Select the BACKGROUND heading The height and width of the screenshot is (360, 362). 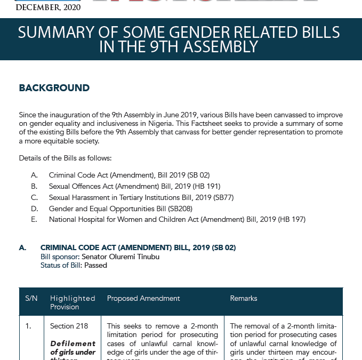pyautogui.click(x=54, y=88)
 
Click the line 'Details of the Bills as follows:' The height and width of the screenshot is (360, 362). pyautogui.click(x=65, y=158)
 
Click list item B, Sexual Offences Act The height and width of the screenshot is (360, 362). pyautogui.click(x=134, y=186)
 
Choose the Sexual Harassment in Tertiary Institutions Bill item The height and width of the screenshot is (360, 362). pyautogui.click(x=141, y=197)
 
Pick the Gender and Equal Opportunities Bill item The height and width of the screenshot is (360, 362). pyautogui.click(x=120, y=209)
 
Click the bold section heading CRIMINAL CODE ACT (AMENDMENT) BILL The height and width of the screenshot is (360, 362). pyautogui.click(x=138, y=247)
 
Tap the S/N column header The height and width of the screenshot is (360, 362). pyautogui.click(x=31, y=298)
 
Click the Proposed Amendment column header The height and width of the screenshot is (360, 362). pyautogui.click(x=143, y=298)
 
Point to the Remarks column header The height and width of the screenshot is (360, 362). pyautogui.click(x=244, y=298)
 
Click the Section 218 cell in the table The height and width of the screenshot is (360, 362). pyautogui.click(x=69, y=326)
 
